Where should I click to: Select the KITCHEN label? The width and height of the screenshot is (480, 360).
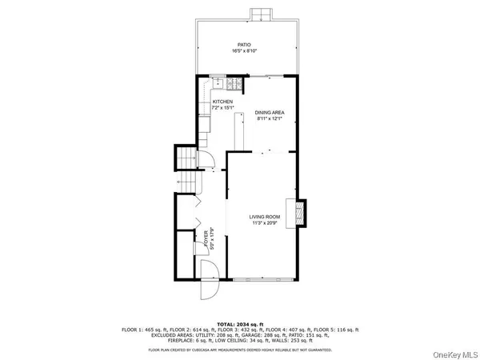click(222, 102)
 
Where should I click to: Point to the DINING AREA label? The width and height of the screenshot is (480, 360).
click(270, 113)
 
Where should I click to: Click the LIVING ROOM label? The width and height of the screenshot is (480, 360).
click(263, 217)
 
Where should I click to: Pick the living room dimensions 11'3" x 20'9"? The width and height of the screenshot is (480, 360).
click(263, 223)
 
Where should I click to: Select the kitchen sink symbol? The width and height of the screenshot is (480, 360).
click(215, 84)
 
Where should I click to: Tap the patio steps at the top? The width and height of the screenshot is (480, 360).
click(262, 15)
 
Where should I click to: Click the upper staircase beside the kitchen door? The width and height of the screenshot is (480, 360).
click(186, 158)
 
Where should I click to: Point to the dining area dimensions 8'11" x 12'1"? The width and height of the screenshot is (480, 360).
click(270, 119)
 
